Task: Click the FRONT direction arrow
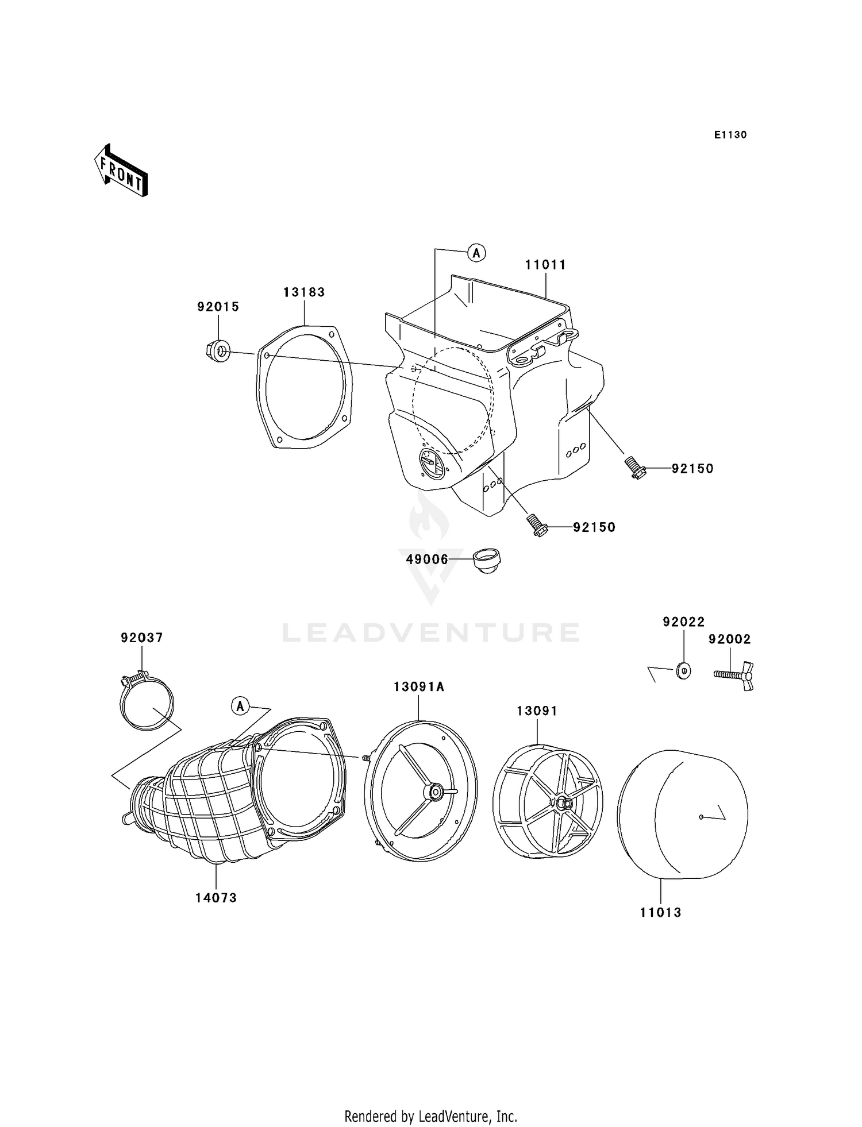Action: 121,171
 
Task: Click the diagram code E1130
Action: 730,135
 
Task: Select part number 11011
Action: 545,265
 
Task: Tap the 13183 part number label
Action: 304,292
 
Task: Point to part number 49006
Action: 427,559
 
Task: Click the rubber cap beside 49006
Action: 487,561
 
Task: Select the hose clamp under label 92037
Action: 147,702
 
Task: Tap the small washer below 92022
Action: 684,670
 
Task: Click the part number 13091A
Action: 419,686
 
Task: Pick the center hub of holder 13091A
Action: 433,792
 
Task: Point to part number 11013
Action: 660,912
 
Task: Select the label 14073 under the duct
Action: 216,898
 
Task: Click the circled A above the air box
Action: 476,252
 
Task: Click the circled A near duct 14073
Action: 240,705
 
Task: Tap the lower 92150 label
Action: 594,527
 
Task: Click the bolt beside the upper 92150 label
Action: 635,468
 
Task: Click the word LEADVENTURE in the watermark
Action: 431,632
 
